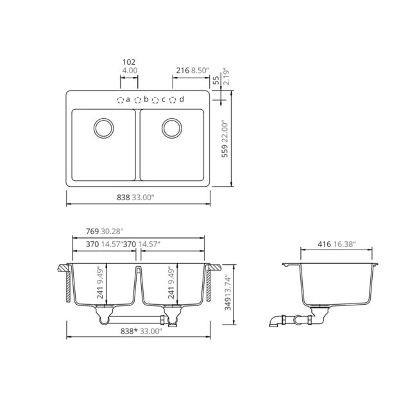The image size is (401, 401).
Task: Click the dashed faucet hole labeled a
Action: pyautogui.click(x=120, y=100)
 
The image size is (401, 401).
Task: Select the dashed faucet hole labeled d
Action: pyautogui.click(x=173, y=100)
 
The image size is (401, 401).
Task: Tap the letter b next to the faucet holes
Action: pyautogui.click(x=146, y=99)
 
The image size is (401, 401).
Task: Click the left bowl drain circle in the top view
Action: pyautogui.click(x=103, y=127)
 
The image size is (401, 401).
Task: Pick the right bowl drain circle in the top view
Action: pyautogui.click(x=171, y=127)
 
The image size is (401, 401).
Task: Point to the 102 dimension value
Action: pyautogui.click(x=129, y=62)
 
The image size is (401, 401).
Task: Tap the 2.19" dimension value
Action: pyautogui.click(x=225, y=76)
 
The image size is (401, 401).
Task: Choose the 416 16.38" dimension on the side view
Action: pyautogui.click(x=337, y=244)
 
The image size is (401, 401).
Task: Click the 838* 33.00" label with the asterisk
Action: pyautogui.click(x=139, y=332)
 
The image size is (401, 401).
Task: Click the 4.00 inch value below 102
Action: pyautogui.click(x=129, y=70)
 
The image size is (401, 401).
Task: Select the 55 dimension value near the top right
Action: pyautogui.click(x=216, y=79)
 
